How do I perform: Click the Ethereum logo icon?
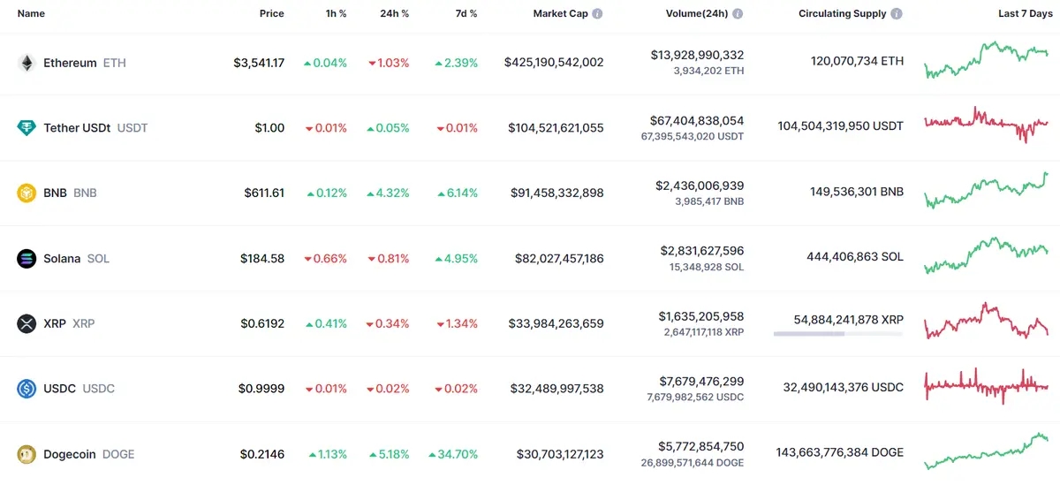coord(26,63)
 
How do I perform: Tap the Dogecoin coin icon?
coord(26,454)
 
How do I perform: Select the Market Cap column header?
coord(560,14)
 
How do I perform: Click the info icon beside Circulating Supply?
coord(897,14)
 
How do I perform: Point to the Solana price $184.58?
coord(262,259)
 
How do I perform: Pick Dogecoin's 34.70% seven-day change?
coord(453,454)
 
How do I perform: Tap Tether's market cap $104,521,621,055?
coord(556,128)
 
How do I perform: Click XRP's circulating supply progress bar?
coord(837,334)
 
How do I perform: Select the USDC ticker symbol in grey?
coord(98,389)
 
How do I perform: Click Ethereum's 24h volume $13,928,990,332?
coord(697,55)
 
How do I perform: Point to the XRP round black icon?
coord(26,323)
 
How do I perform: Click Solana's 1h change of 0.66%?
coord(325,259)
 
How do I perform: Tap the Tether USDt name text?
coord(77,128)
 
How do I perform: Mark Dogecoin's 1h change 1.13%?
coord(327,454)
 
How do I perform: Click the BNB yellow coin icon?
coord(26,193)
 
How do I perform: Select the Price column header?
coord(272,14)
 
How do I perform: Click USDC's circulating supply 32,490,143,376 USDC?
coord(843,388)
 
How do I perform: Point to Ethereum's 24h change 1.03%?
coord(389,63)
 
